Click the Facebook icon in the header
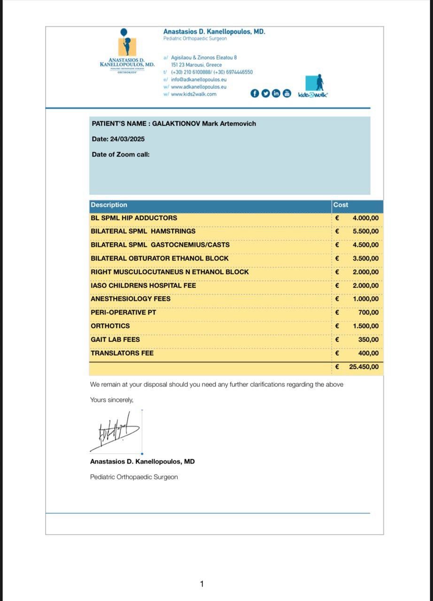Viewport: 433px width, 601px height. tap(255, 93)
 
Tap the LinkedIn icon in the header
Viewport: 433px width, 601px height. tap(276, 93)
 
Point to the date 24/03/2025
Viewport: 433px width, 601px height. tap(127, 139)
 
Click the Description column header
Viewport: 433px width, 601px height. tap(109, 205)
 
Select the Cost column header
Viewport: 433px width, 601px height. tap(340, 205)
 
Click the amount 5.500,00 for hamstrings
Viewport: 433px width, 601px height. tap(365, 231)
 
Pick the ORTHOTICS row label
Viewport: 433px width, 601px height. tap(110, 326)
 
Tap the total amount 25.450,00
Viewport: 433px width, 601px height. tap(363, 367)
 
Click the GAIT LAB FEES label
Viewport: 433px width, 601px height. tap(115, 339)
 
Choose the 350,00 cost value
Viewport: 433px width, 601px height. tap(371, 339)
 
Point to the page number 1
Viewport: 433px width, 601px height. tap(202, 584)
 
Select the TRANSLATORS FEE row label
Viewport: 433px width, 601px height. tap(122, 353)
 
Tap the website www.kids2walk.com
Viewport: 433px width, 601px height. tap(193, 94)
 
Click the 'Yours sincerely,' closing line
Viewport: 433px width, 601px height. tap(112, 400)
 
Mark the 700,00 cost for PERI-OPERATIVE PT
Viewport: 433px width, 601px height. tap(371, 312)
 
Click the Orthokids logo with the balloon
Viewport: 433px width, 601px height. tap(127, 49)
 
